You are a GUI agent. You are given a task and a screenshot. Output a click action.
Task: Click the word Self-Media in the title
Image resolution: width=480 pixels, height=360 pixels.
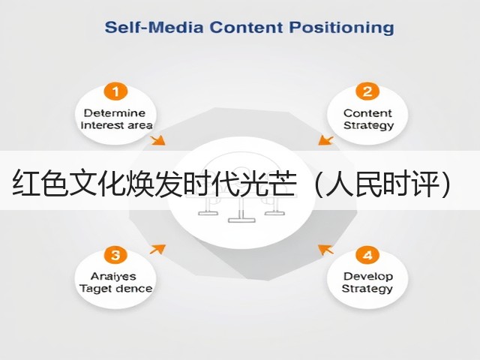(154, 27)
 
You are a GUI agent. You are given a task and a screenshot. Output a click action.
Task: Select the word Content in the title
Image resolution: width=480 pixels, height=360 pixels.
(246, 27)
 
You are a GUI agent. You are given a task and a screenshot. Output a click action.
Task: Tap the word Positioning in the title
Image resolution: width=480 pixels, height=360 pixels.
(342, 28)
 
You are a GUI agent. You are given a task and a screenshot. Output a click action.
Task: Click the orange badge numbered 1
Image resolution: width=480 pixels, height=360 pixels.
(115, 91)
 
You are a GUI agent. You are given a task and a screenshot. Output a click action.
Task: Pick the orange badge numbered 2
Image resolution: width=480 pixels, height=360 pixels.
(367, 91)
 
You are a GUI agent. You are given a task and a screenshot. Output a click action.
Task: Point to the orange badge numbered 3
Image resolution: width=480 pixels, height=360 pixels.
(115, 255)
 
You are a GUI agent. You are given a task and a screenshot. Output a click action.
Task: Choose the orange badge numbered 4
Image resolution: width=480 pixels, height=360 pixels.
(367, 255)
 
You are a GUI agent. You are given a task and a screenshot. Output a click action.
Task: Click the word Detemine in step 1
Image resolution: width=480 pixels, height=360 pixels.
(115, 113)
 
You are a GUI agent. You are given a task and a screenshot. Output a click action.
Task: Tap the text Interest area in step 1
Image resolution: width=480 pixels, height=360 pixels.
(116, 125)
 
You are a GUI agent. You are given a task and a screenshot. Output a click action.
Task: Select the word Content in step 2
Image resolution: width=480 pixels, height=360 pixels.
(367, 113)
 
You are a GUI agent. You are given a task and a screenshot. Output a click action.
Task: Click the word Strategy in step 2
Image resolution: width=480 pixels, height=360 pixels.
(368, 126)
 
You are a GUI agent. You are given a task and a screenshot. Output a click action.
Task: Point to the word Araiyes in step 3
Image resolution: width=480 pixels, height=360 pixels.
(113, 277)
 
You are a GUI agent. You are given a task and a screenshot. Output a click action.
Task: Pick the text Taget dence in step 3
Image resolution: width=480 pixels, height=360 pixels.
(115, 289)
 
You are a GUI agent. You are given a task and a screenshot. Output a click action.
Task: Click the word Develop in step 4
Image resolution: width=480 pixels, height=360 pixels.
(368, 277)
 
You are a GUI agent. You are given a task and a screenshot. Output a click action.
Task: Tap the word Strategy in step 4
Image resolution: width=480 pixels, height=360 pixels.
(367, 289)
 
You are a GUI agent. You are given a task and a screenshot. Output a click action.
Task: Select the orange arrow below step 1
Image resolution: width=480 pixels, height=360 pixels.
(157, 140)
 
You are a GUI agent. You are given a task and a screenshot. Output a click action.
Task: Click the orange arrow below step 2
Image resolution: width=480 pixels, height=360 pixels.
(325, 140)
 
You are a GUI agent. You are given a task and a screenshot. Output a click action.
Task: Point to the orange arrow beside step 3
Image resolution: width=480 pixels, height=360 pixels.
(157, 249)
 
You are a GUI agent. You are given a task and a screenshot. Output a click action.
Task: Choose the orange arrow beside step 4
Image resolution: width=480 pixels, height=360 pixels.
(325, 250)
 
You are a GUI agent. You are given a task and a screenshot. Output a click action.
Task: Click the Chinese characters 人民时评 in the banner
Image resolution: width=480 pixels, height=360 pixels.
(382, 182)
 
